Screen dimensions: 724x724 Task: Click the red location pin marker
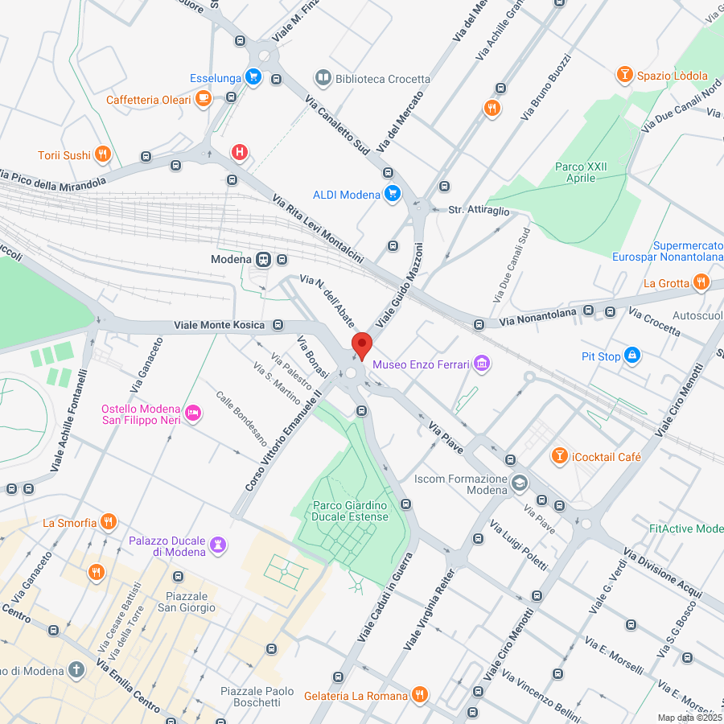point(362,345)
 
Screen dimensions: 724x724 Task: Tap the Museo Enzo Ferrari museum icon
point(482,364)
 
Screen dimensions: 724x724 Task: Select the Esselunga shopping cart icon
point(253,78)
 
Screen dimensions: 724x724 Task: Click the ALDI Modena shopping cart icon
point(393,194)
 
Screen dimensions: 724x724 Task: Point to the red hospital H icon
point(239,151)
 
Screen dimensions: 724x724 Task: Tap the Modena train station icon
point(263,259)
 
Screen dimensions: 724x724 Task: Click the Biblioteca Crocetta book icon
point(323,78)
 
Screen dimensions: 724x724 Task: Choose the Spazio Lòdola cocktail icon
point(623,76)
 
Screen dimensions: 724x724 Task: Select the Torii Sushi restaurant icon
point(102,154)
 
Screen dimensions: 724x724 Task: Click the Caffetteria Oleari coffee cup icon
point(204,100)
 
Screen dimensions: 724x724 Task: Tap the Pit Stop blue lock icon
point(632,356)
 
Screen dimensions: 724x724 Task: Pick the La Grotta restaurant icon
point(701,282)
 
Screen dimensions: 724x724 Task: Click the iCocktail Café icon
point(559,456)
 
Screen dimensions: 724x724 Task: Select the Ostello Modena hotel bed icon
point(193,413)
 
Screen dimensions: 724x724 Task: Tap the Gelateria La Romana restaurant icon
point(419,694)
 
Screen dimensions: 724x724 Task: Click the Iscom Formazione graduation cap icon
point(520,483)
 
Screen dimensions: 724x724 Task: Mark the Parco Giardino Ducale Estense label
point(351,511)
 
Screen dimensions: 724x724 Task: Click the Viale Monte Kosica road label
point(220,325)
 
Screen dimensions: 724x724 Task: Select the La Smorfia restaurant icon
point(108,523)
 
